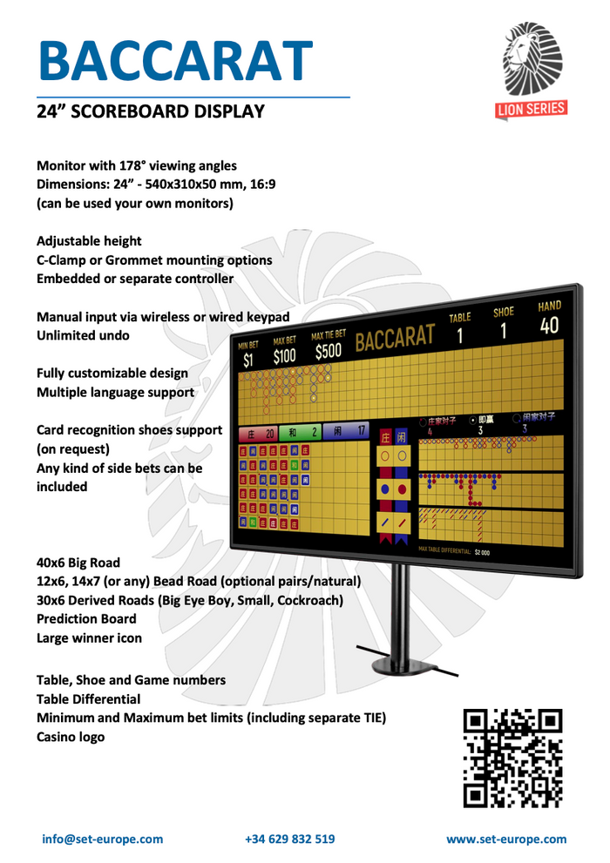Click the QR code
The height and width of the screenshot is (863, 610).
point(513,757)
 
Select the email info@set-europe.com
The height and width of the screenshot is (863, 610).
point(103,839)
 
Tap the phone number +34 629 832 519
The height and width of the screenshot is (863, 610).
point(290,839)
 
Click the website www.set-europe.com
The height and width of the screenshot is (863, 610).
point(506,839)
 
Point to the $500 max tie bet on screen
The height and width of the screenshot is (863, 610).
point(329,350)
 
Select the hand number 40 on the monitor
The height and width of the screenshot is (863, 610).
point(549,326)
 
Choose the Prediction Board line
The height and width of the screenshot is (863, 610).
point(86,618)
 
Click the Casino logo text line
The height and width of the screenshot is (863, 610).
point(71,737)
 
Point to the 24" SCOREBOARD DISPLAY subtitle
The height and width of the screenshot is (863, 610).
point(150,111)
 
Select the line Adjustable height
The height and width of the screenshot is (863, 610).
point(89,240)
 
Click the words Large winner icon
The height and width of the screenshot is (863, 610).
point(89,637)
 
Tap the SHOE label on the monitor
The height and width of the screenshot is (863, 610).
point(504,312)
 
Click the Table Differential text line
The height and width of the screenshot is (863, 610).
point(88,698)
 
